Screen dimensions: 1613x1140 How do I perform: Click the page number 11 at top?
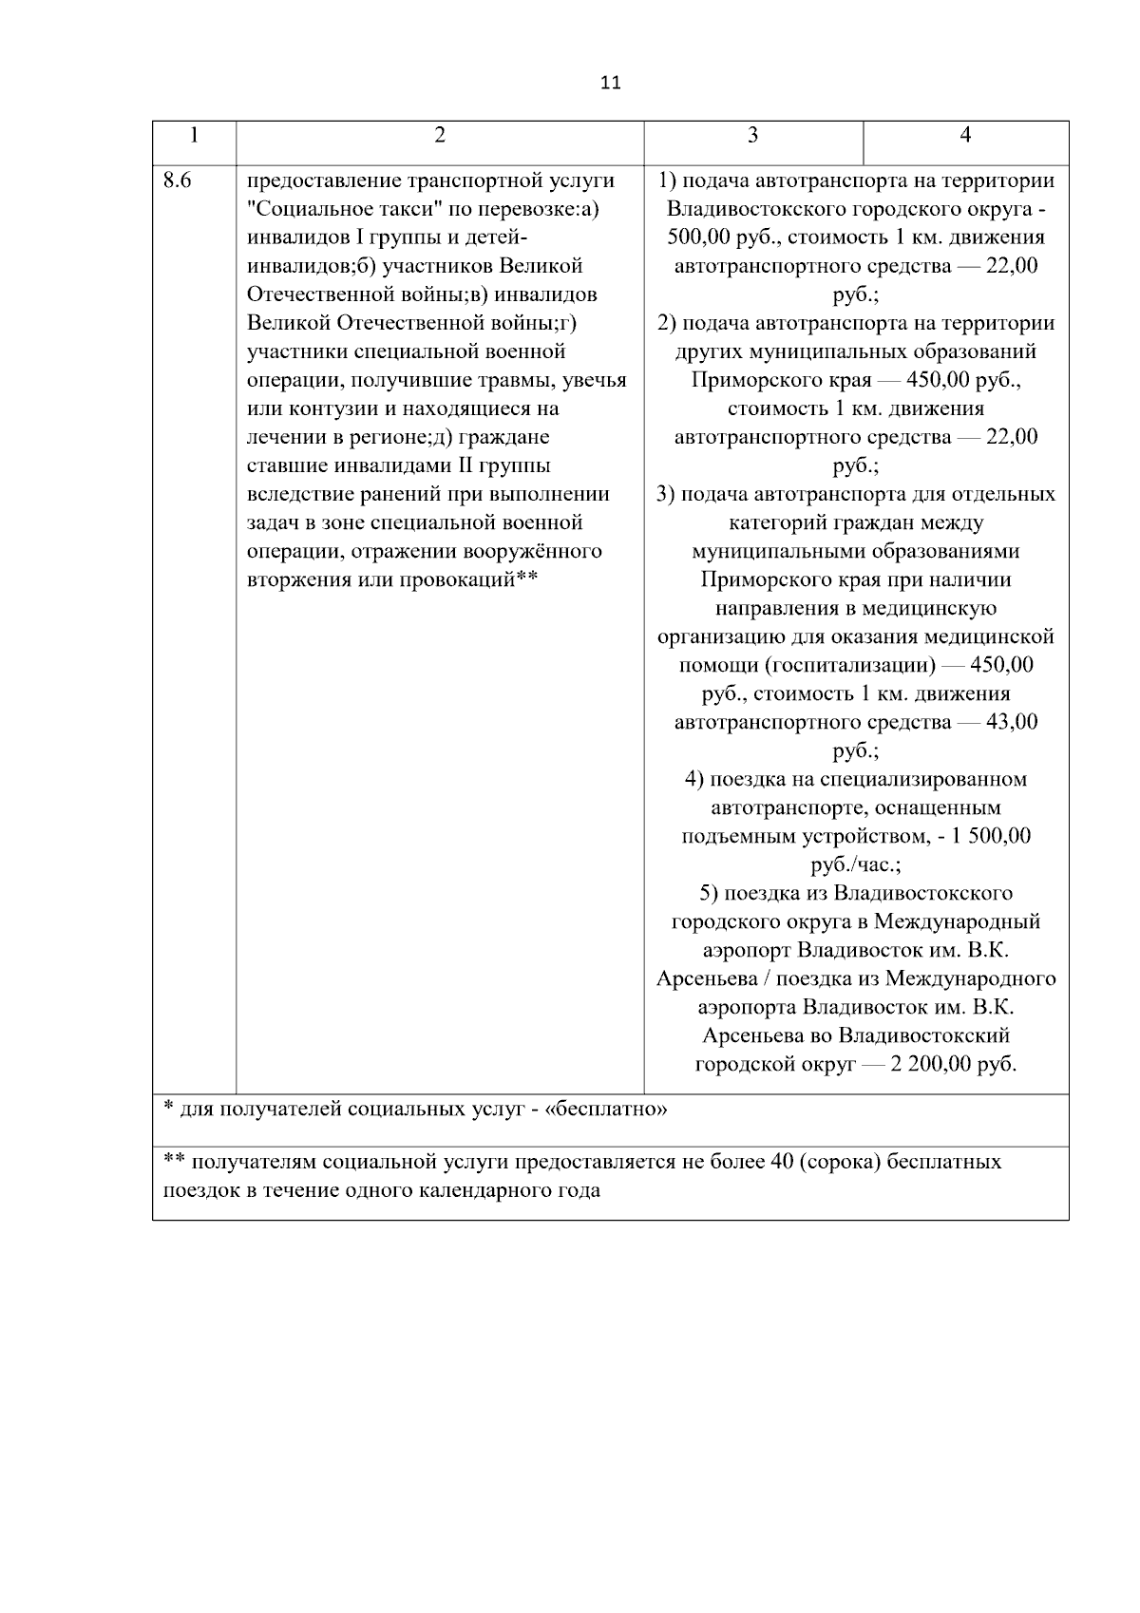[611, 83]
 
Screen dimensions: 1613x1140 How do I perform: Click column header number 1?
[194, 136]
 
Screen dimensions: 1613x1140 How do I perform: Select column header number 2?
[439, 136]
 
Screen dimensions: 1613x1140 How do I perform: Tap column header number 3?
[752, 136]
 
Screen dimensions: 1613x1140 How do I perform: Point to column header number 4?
[965, 136]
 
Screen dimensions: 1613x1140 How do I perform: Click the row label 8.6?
[177, 180]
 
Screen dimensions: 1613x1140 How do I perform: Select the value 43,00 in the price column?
[1012, 722]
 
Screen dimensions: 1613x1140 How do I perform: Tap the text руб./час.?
[855, 864]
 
